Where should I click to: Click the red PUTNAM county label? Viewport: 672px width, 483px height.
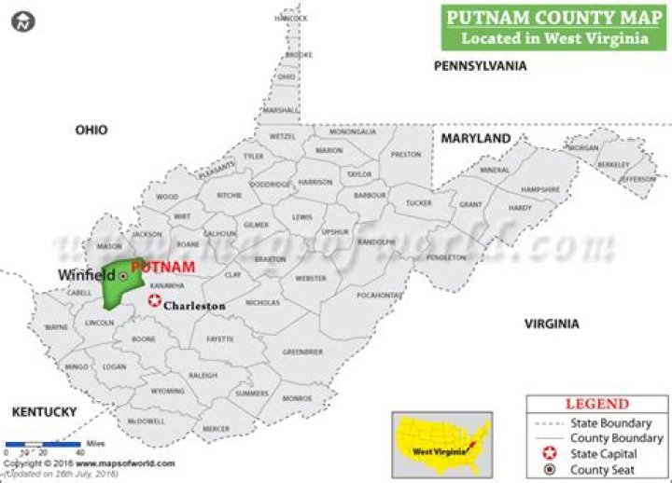pos(163,267)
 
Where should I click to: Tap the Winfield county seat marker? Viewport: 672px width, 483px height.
pos(123,276)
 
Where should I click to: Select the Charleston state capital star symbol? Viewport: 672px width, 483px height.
pos(154,300)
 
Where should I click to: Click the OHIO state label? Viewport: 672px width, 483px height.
pos(91,131)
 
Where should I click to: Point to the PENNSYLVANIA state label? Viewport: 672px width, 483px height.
pos(480,66)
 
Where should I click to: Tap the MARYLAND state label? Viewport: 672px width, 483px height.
pos(476,139)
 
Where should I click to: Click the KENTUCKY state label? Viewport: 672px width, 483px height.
pos(43,411)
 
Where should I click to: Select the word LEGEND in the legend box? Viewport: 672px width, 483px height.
pos(597,404)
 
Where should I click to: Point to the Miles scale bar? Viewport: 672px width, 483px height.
pos(43,445)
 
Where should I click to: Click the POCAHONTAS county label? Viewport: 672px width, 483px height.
pos(379,295)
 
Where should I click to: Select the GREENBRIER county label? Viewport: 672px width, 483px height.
pos(302,352)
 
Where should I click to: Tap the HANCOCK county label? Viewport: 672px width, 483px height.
pos(291,19)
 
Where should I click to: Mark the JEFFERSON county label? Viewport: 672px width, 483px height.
pos(638,178)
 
